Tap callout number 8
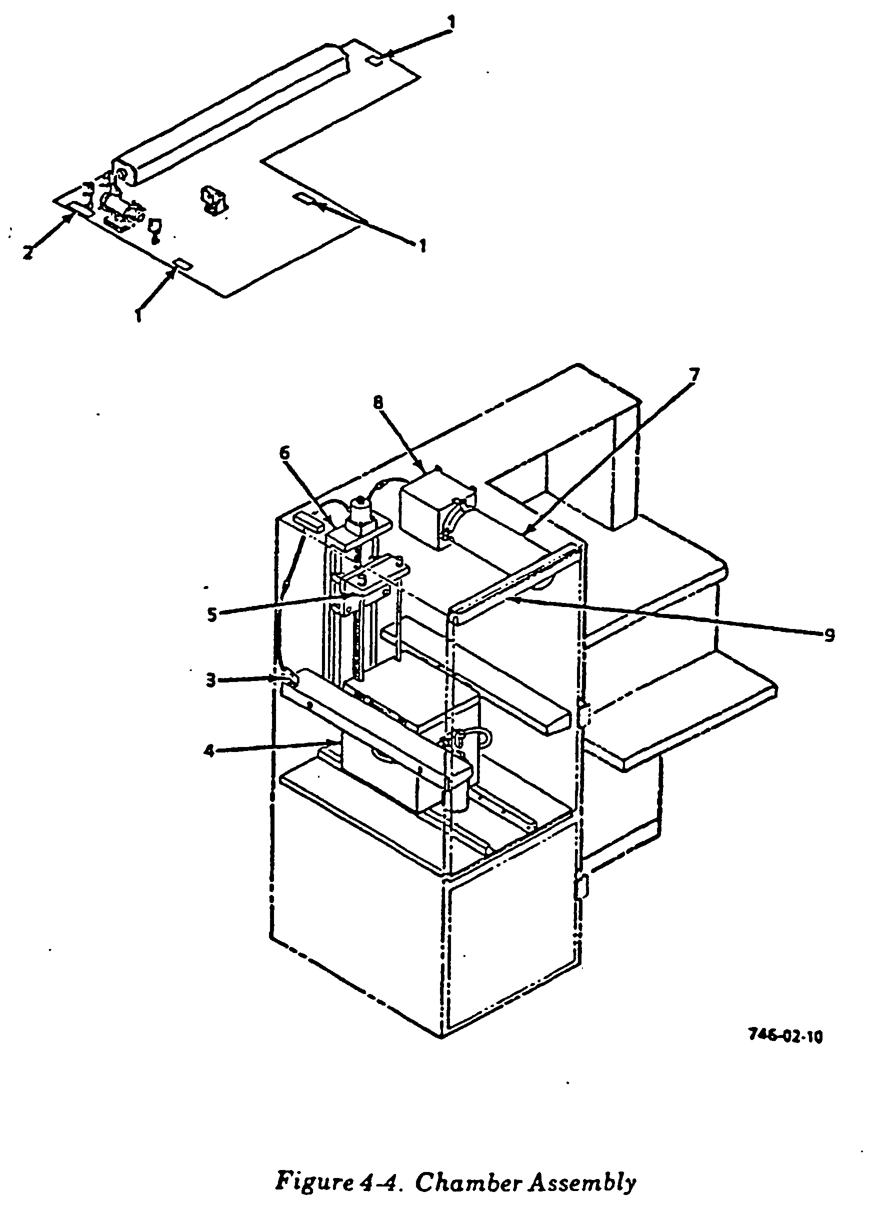378,403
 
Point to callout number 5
212,614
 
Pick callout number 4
209,751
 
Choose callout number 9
829,635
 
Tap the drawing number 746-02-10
785,1036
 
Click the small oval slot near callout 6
308,520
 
